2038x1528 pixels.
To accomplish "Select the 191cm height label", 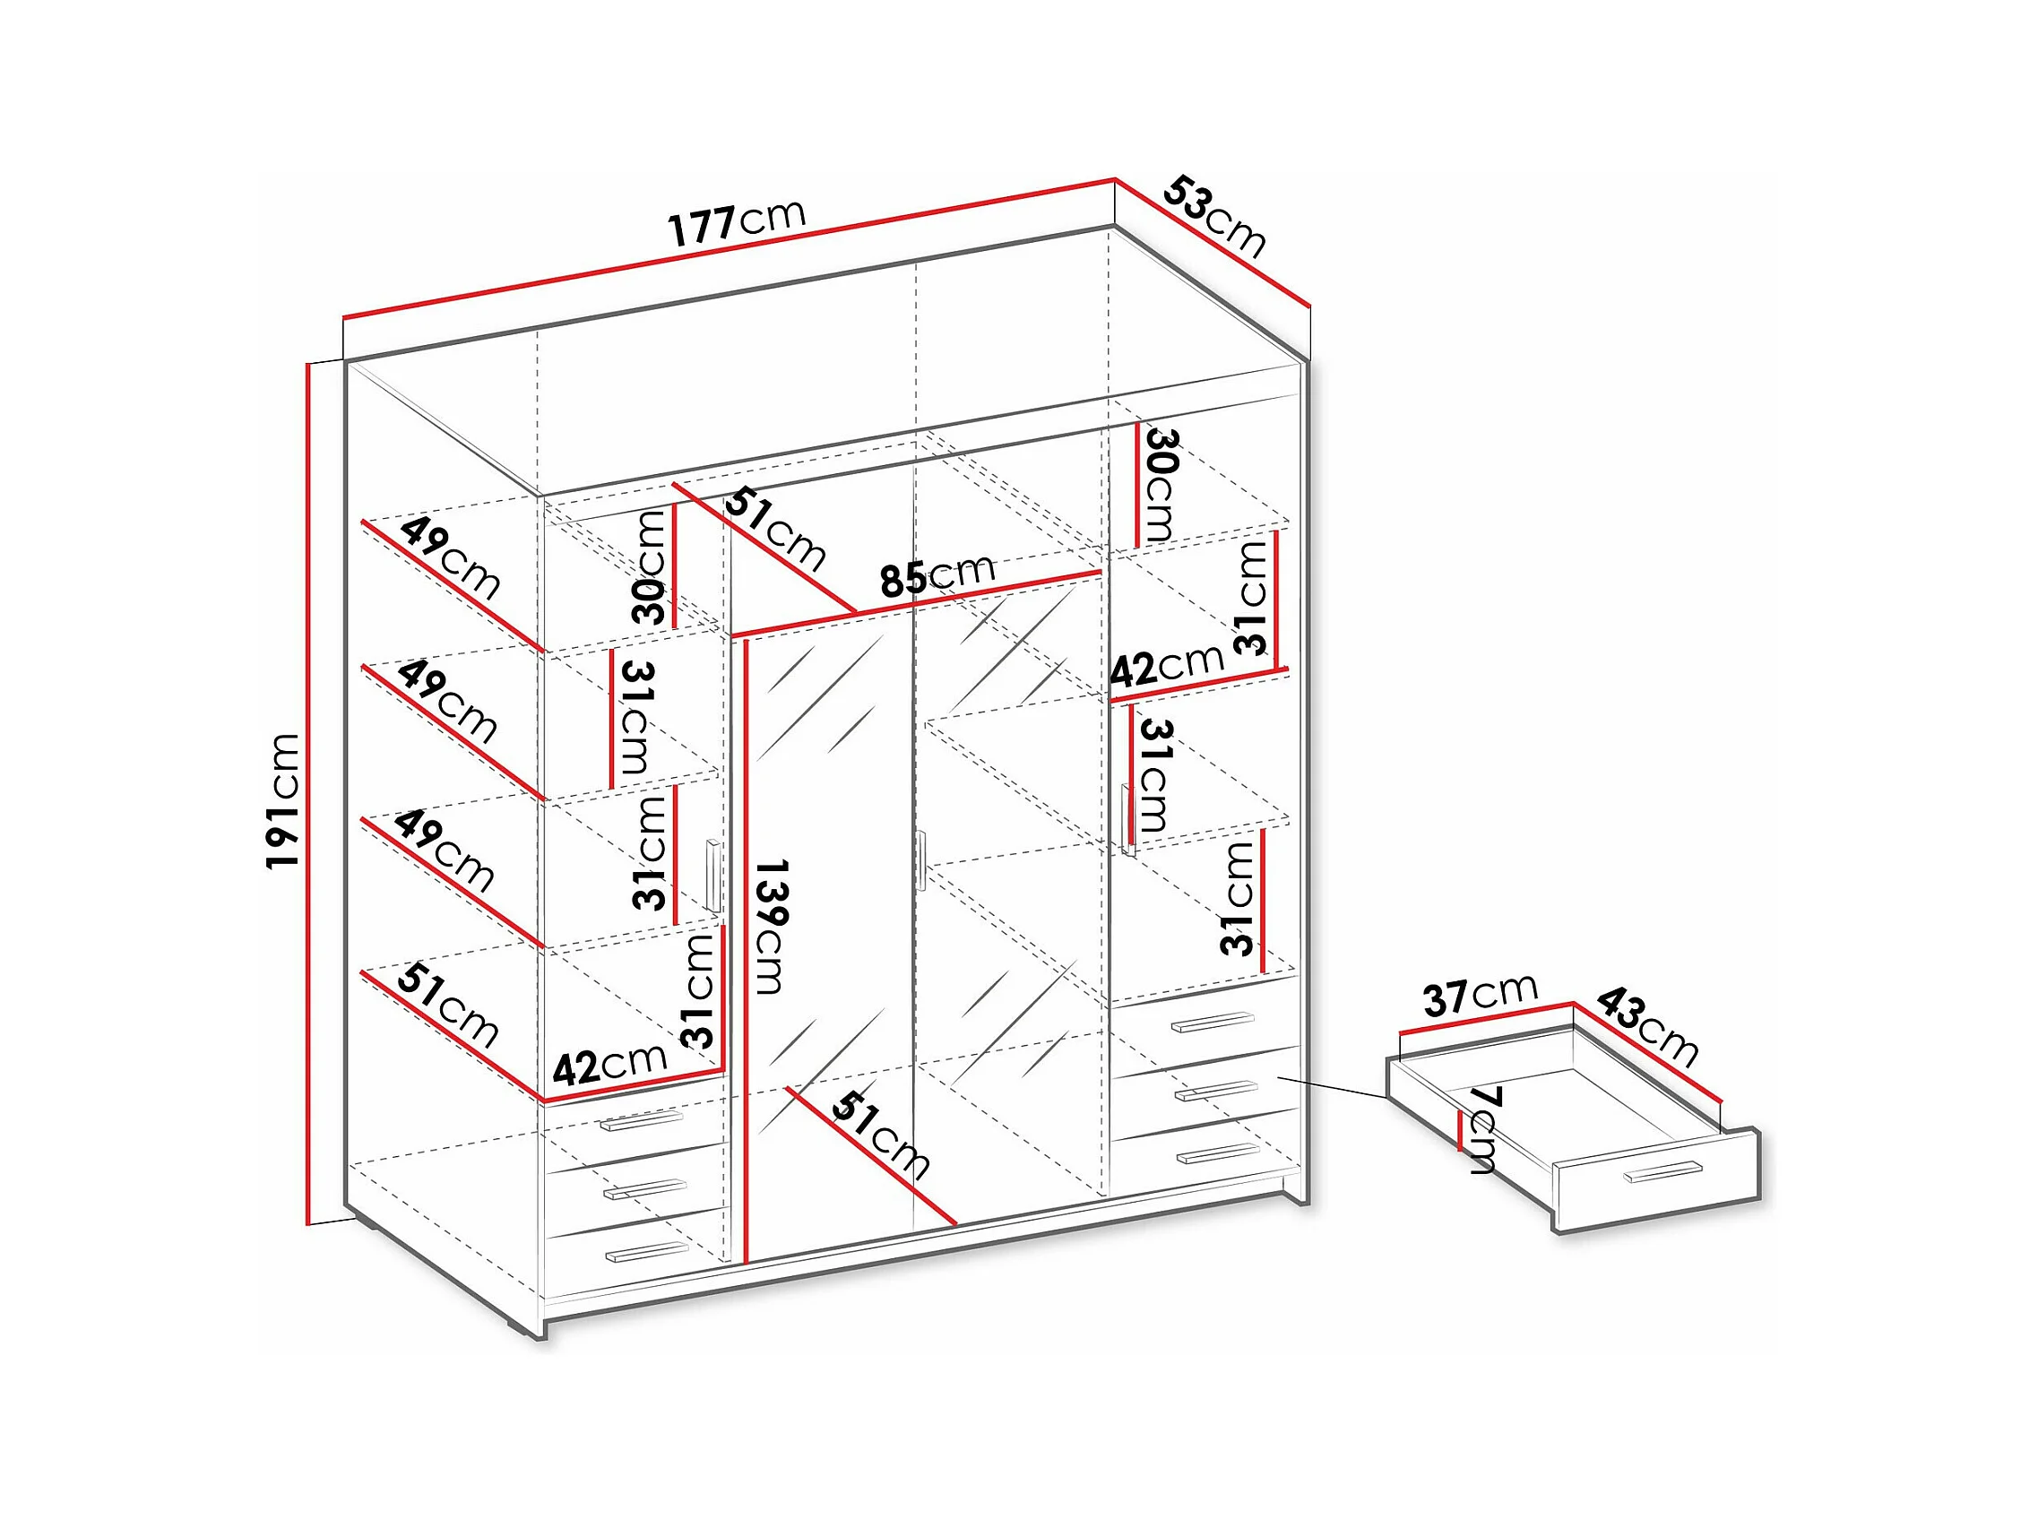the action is pos(283,801).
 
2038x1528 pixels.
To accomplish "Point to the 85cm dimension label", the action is pos(937,576).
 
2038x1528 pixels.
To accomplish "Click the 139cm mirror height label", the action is pos(770,927).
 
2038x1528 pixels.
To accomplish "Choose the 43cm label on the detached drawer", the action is pos(1646,1027).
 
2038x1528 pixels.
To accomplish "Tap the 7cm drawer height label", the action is pos(1482,1129).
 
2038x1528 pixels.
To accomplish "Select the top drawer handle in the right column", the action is pos(1213,1022).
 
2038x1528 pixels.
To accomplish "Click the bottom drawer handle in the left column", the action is pos(647,1251).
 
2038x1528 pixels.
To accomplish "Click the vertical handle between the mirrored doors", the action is pos(920,860).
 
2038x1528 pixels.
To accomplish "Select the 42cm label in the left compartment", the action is pos(610,1064).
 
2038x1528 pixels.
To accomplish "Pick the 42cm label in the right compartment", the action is pos(1168,663).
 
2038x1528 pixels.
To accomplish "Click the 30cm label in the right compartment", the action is pos(1158,486).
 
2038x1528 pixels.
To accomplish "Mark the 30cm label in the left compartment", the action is pos(651,567).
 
